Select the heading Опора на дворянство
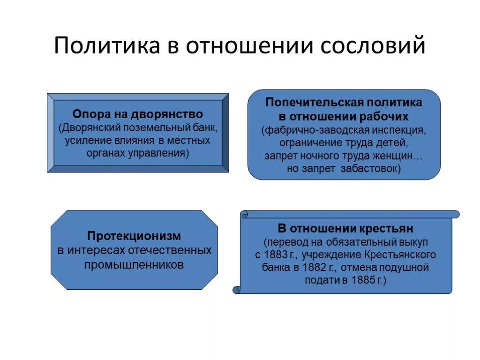(x=137, y=114)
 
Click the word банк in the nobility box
(x=206, y=127)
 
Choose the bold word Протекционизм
(x=134, y=236)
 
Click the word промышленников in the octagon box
(x=134, y=264)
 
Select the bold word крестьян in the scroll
(x=388, y=229)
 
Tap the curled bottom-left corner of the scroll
(x=237, y=289)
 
